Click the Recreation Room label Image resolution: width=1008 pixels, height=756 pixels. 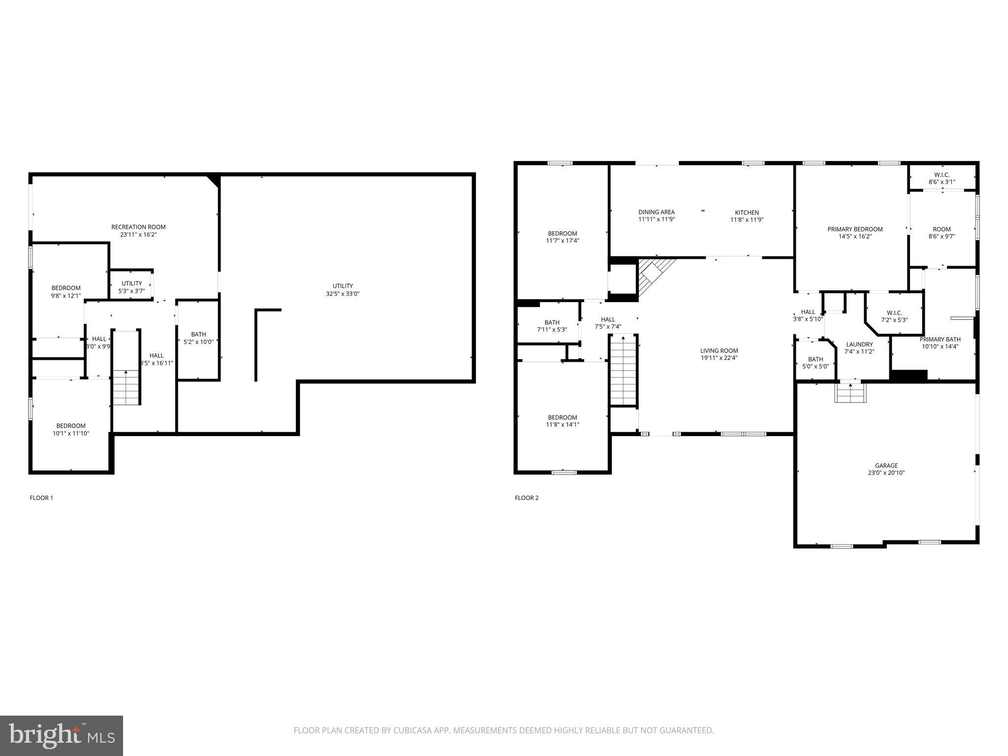pyautogui.click(x=138, y=227)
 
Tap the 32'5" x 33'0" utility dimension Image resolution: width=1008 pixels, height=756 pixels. pyautogui.click(x=343, y=294)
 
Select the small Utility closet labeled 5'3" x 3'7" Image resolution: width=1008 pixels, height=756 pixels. pyautogui.click(x=131, y=287)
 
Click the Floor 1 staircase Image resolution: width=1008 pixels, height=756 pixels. pyautogui.click(x=126, y=387)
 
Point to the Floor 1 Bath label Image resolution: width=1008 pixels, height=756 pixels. pyautogui.click(x=198, y=334)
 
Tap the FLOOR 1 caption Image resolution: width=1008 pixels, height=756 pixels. pyautogui.click(x=41, y=498)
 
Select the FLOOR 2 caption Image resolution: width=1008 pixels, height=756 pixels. pyautogui.click(x=527, y=498)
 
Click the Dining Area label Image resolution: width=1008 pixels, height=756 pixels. pyautogui.click(x=657, y=212)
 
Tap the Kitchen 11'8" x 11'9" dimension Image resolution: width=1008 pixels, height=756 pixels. pyautogui.click(x=747, y=220)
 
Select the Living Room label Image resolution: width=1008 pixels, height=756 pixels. pyautogui.click(x=719, y=351)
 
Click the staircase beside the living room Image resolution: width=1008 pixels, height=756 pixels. pyautogui.click(x=624, y=370)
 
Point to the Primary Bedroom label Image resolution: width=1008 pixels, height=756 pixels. pyautogui.click(x=855, y=229)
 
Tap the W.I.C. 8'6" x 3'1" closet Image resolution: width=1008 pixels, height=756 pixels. pyautogui.click(x=942, y=178)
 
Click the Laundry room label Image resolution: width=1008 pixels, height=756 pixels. pyautogui.click(x=859, y=345)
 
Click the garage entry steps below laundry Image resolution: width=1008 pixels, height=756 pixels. pyautogui.click(x=850, y=393)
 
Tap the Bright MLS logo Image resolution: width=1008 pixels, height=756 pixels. pyautogui.click(x=62, y=735)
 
